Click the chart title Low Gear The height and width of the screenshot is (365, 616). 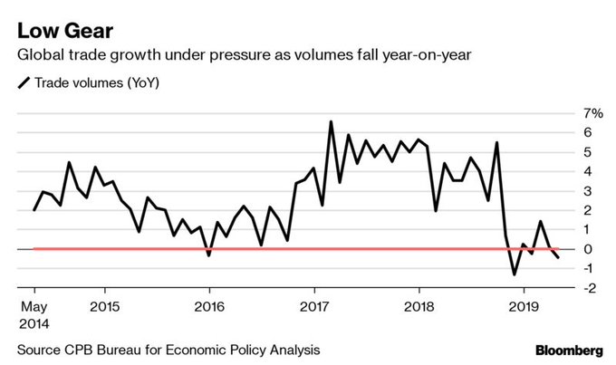(62, 32)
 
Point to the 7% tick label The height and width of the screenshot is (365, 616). (592, 113)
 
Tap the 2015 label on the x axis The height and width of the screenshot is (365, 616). (104, 305)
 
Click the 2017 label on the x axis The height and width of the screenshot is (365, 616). (314, 305)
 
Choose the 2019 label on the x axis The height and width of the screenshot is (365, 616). (524, 305)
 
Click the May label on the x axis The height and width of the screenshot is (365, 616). (33, 305)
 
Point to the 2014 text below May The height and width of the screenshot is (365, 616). (34, 322)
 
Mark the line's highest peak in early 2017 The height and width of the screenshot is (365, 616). (331, 121)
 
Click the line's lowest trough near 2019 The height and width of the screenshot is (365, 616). (515, 274)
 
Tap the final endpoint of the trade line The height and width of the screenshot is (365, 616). (558, 258)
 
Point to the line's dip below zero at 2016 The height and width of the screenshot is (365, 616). (209, 255)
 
